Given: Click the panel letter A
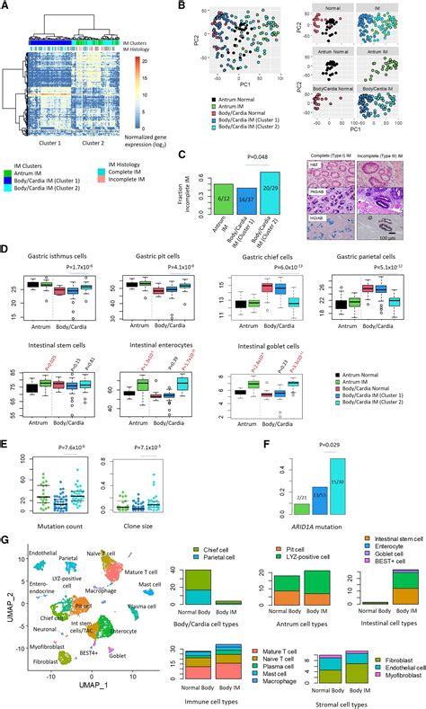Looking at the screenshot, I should (x=5, y=6).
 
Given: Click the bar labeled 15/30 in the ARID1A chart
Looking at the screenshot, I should (x=337, y=485).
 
